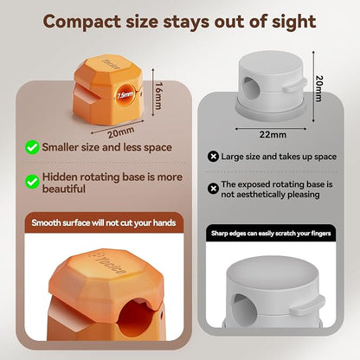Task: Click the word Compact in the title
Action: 81,22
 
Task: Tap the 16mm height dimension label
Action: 158,96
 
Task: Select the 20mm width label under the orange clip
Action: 121,132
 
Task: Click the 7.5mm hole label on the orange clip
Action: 125,94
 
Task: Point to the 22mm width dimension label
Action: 273,134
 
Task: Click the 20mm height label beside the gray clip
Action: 319,88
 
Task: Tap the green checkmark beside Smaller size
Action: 32,147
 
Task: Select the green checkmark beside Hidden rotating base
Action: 32,182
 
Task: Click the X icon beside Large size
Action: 213,157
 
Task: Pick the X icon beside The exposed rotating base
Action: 213,189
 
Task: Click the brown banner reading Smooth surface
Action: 104,222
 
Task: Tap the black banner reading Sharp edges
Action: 271,233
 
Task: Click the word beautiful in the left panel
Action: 64,190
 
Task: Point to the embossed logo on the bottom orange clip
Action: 111,264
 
